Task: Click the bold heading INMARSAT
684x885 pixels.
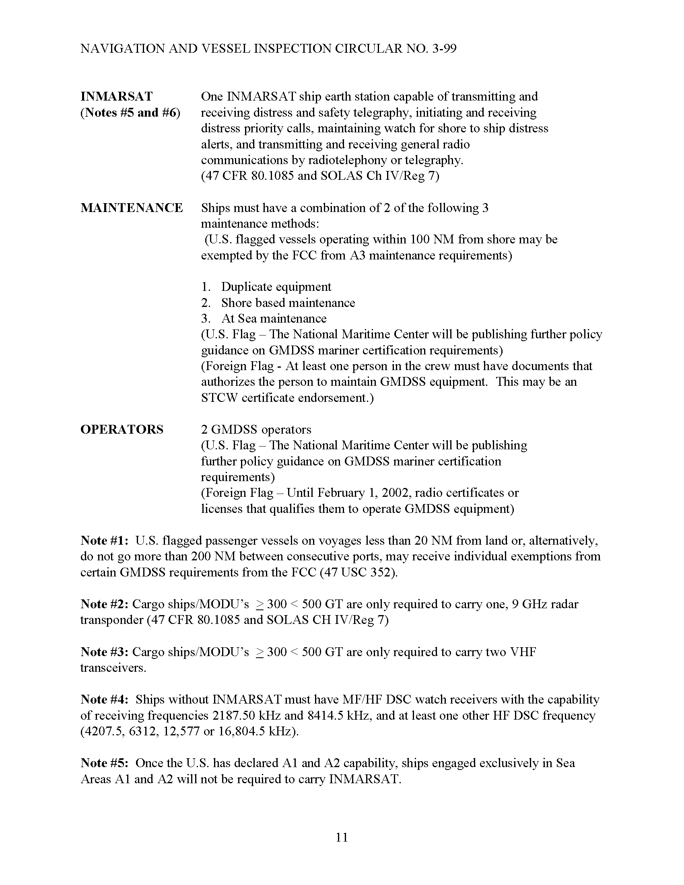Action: tap(117, 97)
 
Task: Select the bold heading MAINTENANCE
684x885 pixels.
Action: tap(132, 208)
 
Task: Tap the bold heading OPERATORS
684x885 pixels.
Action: tap(122, 430)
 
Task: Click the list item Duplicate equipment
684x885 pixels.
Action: tap(276, 287)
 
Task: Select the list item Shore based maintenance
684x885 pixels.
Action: tap(288, 303)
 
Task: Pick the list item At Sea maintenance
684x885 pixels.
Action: tap(274, 319)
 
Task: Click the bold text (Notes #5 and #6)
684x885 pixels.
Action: tap(130, 113)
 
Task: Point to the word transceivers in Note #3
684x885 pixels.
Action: tap(113, 668)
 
